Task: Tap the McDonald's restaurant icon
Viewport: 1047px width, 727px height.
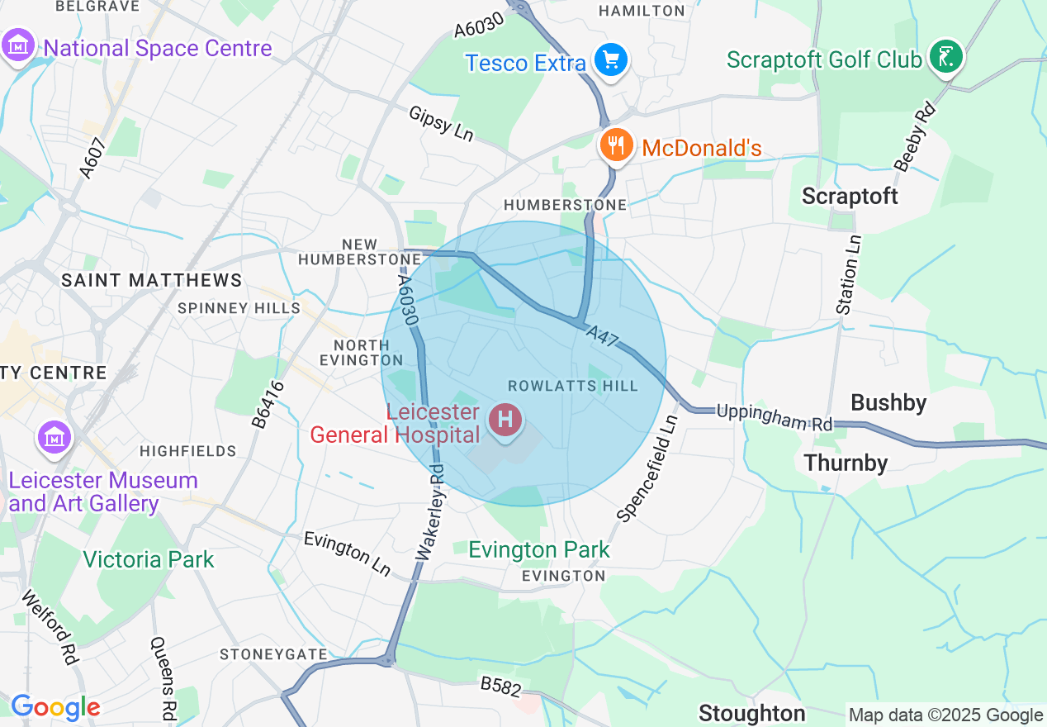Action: (x=615, y=146)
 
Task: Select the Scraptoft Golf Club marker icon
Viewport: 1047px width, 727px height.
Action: (x=945, y=57)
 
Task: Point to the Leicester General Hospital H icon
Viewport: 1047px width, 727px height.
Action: (x=505, y=420)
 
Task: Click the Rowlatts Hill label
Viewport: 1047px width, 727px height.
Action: (x=572, y=386)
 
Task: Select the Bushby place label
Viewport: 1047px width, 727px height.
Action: (x=888, y=402)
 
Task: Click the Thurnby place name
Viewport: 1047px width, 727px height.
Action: (x=846, y=463)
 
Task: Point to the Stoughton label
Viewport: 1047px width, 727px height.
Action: (x=751, y=712)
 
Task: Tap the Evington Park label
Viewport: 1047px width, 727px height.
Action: (x=539, y=549)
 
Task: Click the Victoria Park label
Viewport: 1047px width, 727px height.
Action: (x=149, y=559)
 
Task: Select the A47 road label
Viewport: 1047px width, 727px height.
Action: (x=604, y=335)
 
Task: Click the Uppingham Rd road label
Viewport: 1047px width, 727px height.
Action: (x=774, y=416)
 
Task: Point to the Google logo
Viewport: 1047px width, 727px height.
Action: (x=55, y=707)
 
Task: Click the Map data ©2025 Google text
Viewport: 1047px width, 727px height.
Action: (x=945, y=715)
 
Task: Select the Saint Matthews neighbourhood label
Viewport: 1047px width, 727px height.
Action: (x=152, y=281)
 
